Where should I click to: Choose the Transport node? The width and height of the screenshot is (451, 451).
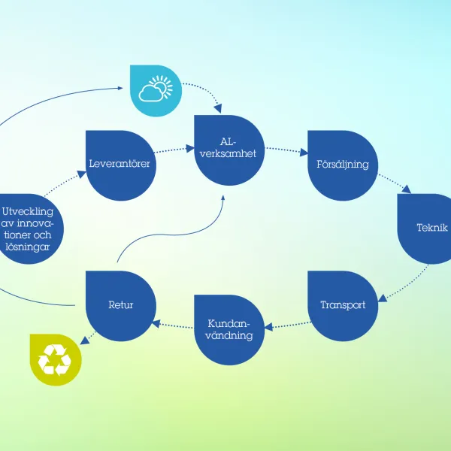click(343, 305)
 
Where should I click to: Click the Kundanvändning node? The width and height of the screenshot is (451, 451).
click(229, 329)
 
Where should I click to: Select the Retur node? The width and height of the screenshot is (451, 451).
click(120, 305)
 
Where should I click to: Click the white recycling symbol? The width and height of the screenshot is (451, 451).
click(55, 360)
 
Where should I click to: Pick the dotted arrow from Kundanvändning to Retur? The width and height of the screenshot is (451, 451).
click(173, 325)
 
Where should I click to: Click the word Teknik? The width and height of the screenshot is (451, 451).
click(431, 228)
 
